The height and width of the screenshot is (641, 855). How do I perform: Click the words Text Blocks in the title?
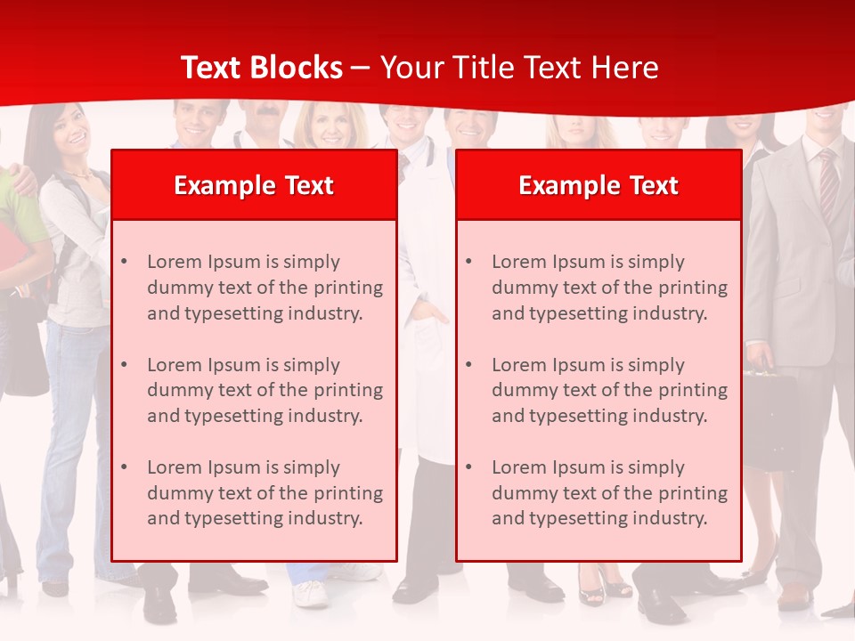click(x=261, y=68)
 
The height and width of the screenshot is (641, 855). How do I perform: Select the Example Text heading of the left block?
click(x=254, y=185)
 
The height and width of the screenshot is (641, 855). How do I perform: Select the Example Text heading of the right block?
click(x=598, y=185)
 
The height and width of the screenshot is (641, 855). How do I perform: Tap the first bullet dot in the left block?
click(x=125, y=262)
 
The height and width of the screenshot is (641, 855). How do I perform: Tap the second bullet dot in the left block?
click(x=125, y=365)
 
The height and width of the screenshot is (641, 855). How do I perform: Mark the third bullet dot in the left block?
click(x=125, y=467)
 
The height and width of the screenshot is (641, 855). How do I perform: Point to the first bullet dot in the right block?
click(x=469, y=262)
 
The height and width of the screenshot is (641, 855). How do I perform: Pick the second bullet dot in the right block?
click(x=469, y=365)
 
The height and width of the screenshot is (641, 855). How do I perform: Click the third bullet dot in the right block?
click(x=469, y=467)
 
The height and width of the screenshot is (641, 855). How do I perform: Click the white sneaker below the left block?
click(x=310, y=592)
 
